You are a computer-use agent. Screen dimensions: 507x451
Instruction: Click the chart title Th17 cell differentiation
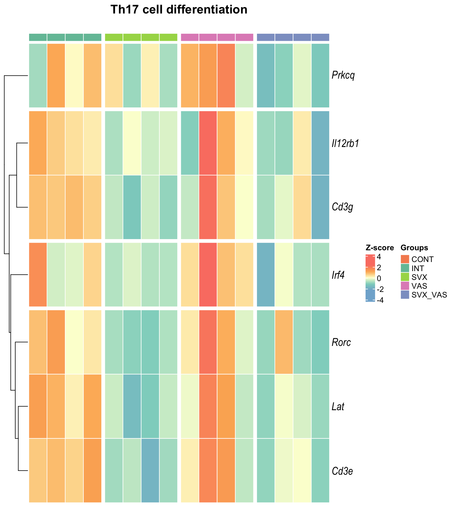click(x=179, y=10)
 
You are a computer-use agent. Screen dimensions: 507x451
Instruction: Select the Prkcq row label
click(x=343, y=75)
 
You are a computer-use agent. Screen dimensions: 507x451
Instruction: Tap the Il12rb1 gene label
click(x=345, y=143)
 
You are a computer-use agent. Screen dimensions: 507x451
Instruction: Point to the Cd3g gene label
click(x=342, y=207)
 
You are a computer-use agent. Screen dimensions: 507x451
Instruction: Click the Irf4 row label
click(x=338, y=275)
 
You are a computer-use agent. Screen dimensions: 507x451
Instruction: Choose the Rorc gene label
click(x=341, y=342)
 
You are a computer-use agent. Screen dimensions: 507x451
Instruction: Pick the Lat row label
click(x=338, y=406)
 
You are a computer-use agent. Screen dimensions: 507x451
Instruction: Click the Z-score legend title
click(x=380, y=248)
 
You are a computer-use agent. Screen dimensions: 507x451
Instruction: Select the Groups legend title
click(x=414, y=248)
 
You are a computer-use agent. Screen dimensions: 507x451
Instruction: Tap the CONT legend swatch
click(x=405, y=259)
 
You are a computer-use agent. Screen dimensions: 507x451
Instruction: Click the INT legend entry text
click(x=418, y=268)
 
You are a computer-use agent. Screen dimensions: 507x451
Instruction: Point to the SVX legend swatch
click(x=405, y=277)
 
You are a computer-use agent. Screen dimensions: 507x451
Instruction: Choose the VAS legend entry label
click(x=419, y=286)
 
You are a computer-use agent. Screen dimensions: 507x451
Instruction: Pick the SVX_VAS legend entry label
click(x=429, y=295)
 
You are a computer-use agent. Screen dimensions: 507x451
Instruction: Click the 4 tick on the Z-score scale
click(x=379, y=257)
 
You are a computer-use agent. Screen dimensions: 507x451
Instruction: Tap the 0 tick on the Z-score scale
click(x=379, y=278)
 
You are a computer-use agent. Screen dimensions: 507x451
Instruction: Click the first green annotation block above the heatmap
click(x=38, y=37)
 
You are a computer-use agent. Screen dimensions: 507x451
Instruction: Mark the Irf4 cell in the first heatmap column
click(x=38, y=275)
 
